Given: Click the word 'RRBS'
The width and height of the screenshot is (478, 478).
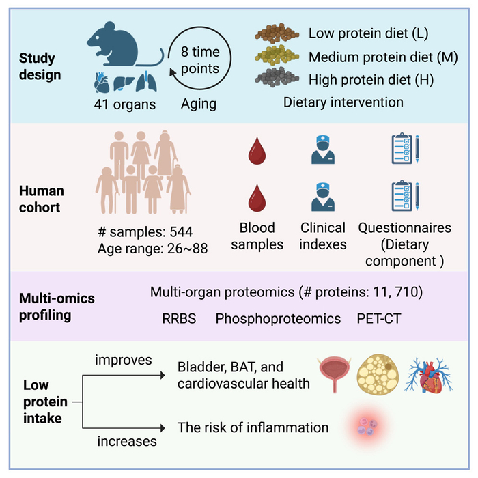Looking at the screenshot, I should coord(179,318).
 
